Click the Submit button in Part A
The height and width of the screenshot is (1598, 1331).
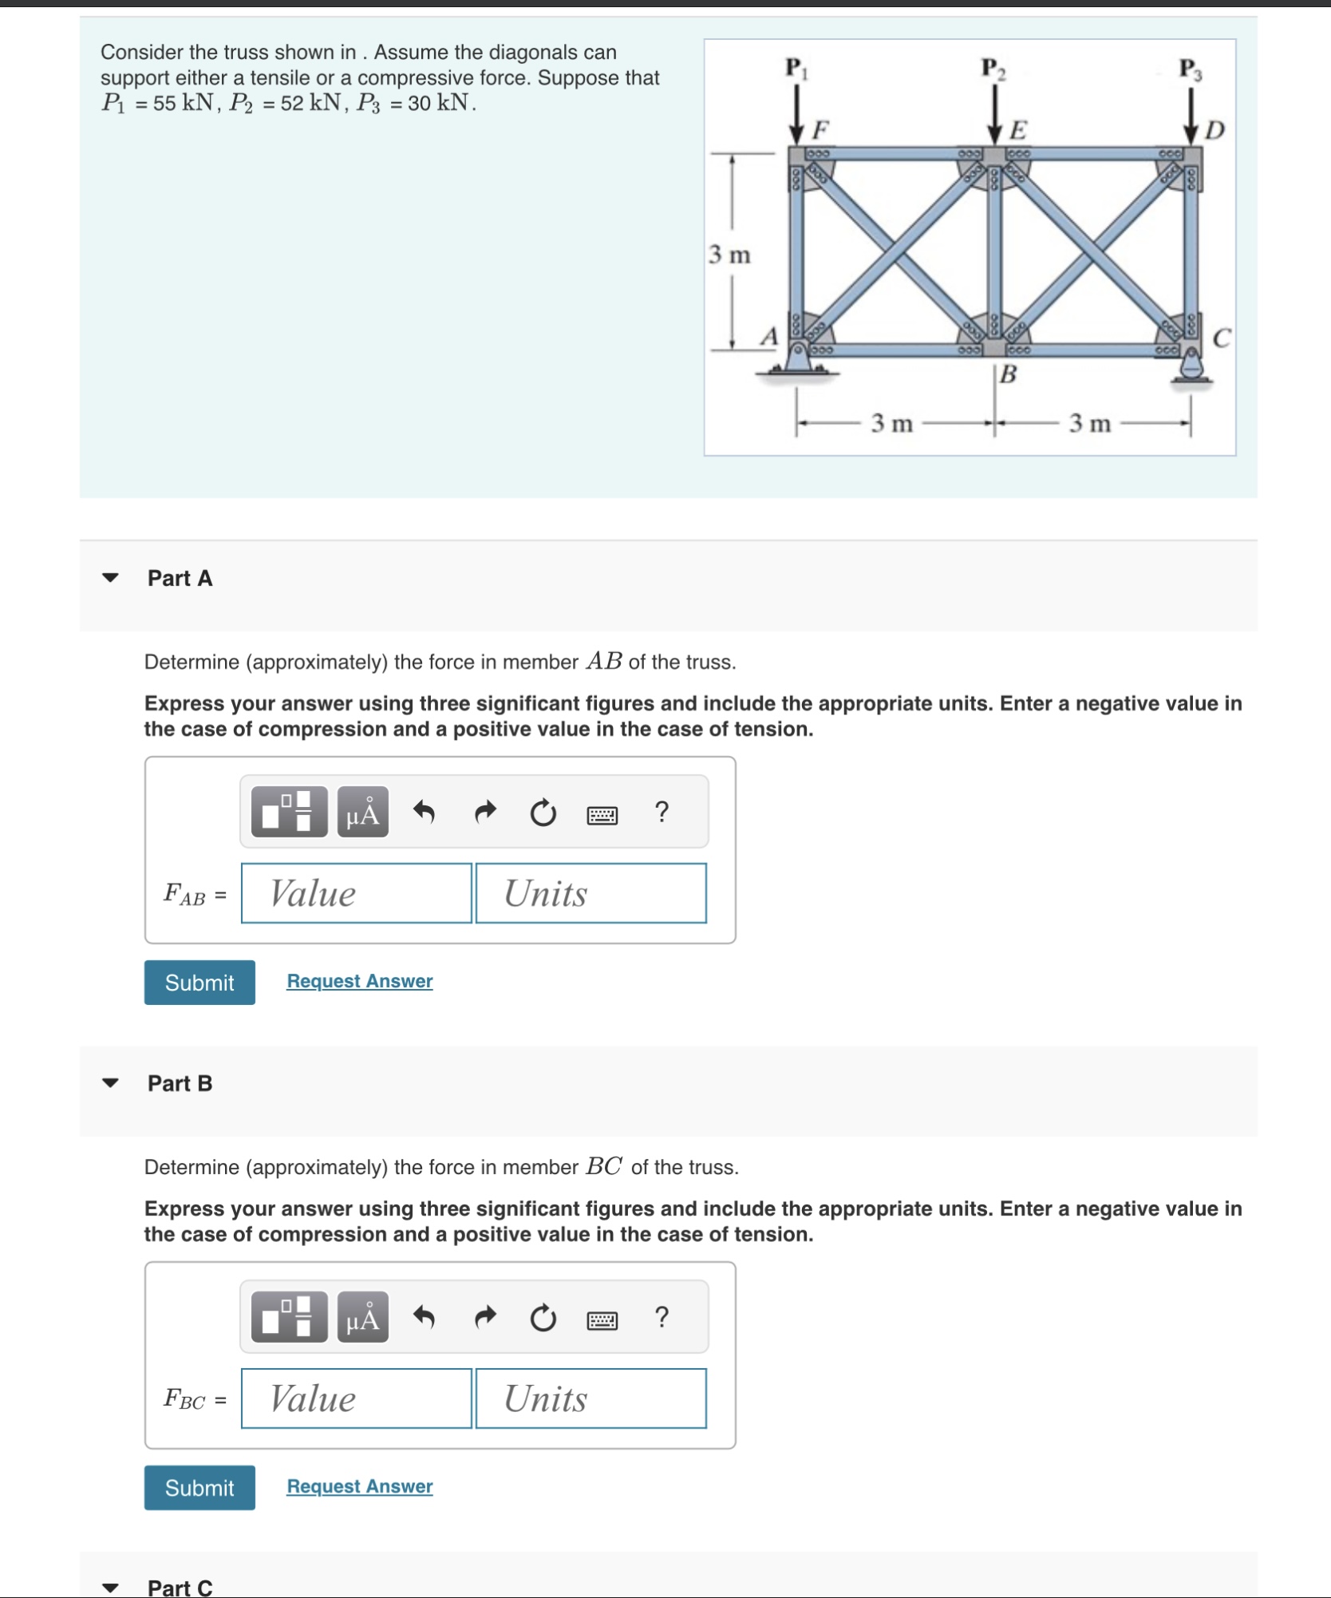click(199, 982)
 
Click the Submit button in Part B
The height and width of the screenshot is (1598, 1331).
click(199, 1487)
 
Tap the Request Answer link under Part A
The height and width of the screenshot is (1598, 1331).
click(359, 981)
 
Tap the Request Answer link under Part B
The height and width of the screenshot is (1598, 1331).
click(359, 1486)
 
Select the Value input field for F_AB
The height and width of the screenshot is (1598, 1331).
click(356, 893)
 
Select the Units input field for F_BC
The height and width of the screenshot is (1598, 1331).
click(590, 1398)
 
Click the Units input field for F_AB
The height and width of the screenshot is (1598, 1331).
click(590, 893)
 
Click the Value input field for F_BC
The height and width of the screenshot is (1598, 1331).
click(356, 1398)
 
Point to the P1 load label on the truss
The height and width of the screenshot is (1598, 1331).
click(796, 68)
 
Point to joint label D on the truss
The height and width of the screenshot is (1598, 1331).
click(1214, 130)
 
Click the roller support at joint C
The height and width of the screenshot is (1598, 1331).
click(1191, 368)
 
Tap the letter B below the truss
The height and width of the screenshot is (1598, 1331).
click(1009, 374)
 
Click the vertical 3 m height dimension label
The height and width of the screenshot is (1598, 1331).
click(729, 255)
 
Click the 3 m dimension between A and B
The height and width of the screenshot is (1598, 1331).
click(891, 423)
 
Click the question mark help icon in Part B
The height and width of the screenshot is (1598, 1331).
click(661, 1317)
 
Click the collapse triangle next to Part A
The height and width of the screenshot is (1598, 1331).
click(111, 577)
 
